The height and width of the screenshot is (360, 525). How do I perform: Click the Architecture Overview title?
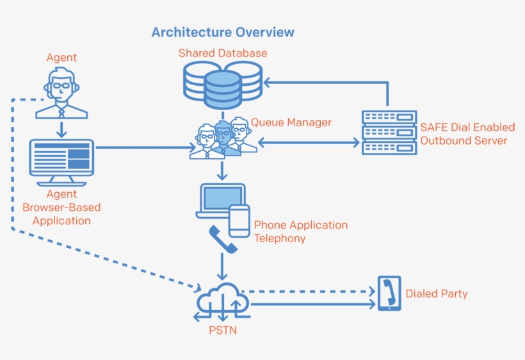coord(223,32)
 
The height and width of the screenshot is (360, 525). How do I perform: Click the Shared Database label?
coord(222,53)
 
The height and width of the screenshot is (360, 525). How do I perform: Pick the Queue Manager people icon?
coord(223,137)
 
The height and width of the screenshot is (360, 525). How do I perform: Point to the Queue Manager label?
coord(291,122)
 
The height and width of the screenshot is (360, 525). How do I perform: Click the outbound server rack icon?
coord(389,133)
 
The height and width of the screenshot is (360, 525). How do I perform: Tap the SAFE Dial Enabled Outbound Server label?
coord(467,135)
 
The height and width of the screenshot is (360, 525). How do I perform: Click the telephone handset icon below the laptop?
coord(223,239)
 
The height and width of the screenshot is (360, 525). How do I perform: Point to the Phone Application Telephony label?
coord(300,231)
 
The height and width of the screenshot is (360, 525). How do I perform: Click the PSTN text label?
coord(222,331)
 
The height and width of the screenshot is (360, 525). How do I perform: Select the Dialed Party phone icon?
coord(389,293)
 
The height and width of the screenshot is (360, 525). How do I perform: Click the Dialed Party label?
coord(436,294)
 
